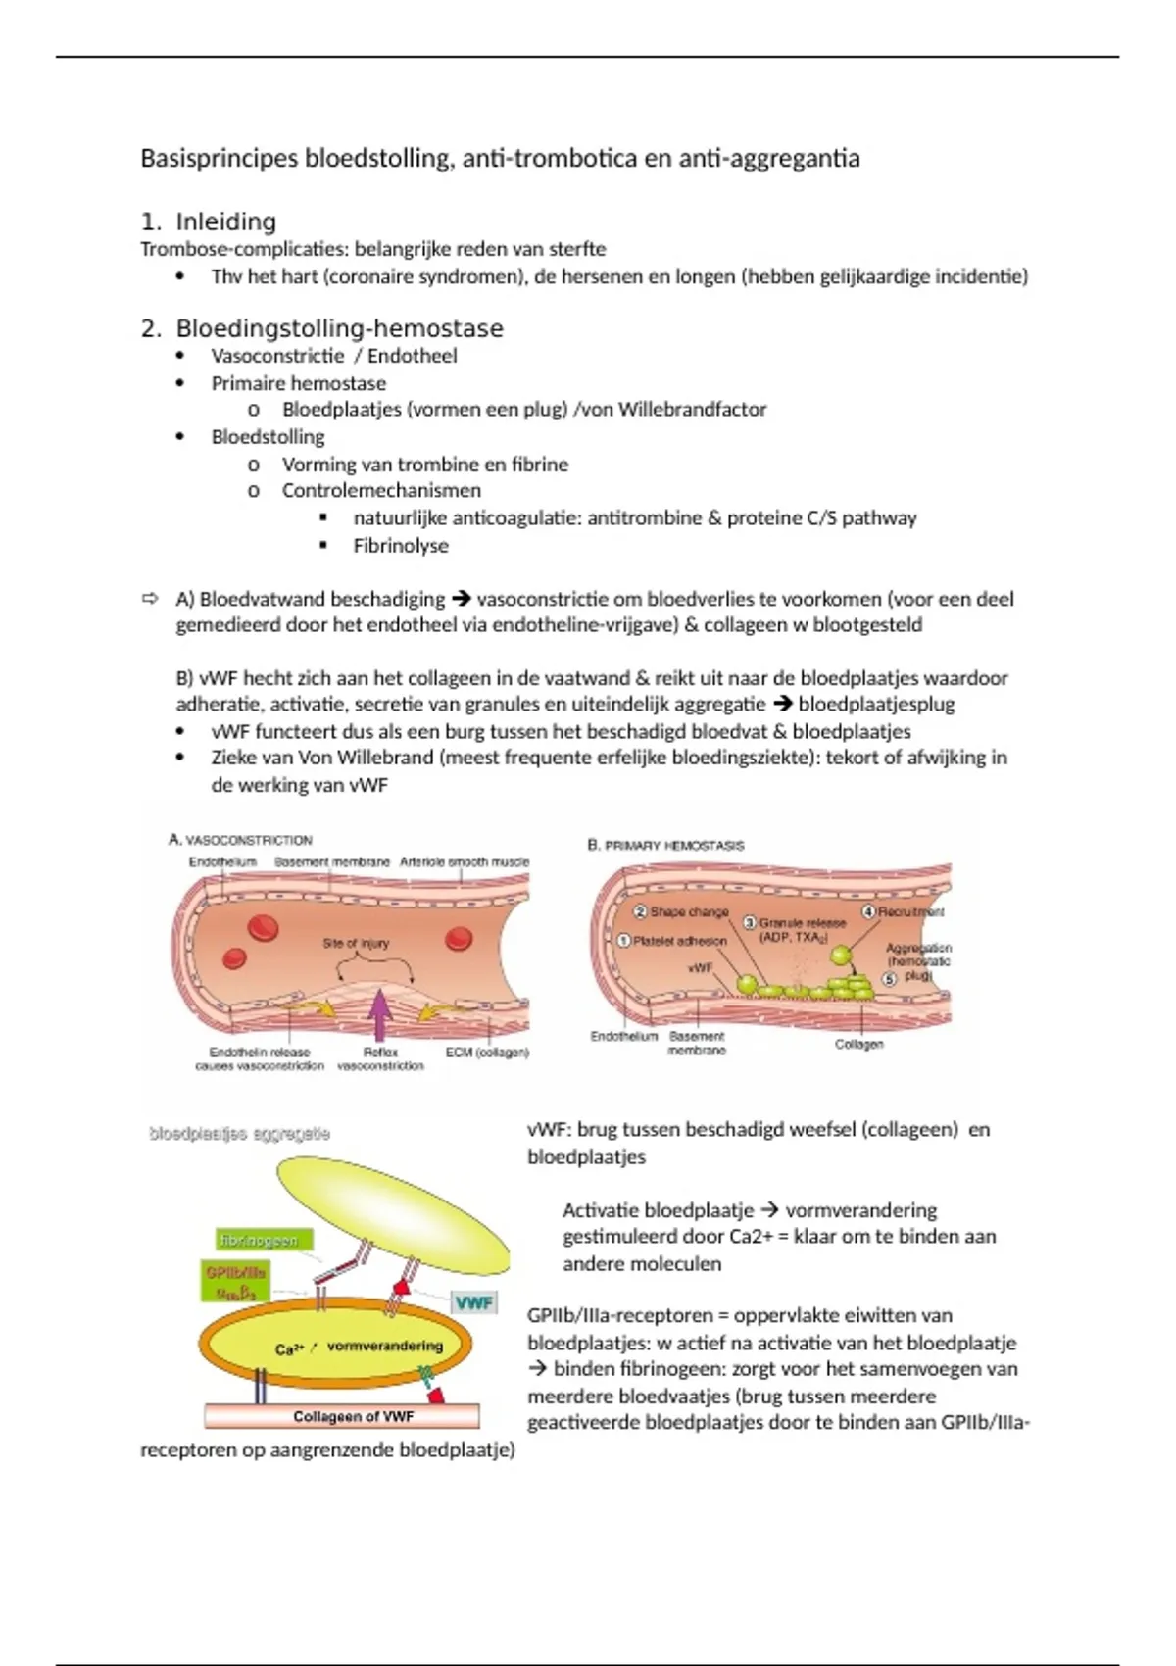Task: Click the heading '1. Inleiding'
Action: (x=225, y=221)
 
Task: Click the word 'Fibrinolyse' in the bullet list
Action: (x=401, y=546)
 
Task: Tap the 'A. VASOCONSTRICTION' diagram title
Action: (x=240, y=840)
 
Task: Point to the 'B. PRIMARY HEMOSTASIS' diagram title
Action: (x=665, y=845)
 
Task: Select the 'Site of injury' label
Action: (x=356, y=943)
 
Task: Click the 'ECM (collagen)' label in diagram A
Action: (x=487, y=1053)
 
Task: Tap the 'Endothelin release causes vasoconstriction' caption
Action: (x=260, y=1058)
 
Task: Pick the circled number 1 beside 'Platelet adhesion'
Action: (x=622, y=941)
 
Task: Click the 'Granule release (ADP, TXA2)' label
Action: (x=796, y=929)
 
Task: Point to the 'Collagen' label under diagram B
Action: (x=858, y=1045)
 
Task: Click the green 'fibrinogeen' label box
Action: (x=259, y=1241)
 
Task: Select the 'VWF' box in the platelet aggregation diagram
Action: (x=473, y=1302)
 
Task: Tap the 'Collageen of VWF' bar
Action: (x=342, y=1416)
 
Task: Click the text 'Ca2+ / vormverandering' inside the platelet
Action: (x=359, y=1347)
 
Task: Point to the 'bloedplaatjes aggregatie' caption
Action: (x=239, y=1134)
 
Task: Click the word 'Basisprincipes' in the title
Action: (x=219, y=158)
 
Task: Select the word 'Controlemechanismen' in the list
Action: (x=381, y=490)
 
